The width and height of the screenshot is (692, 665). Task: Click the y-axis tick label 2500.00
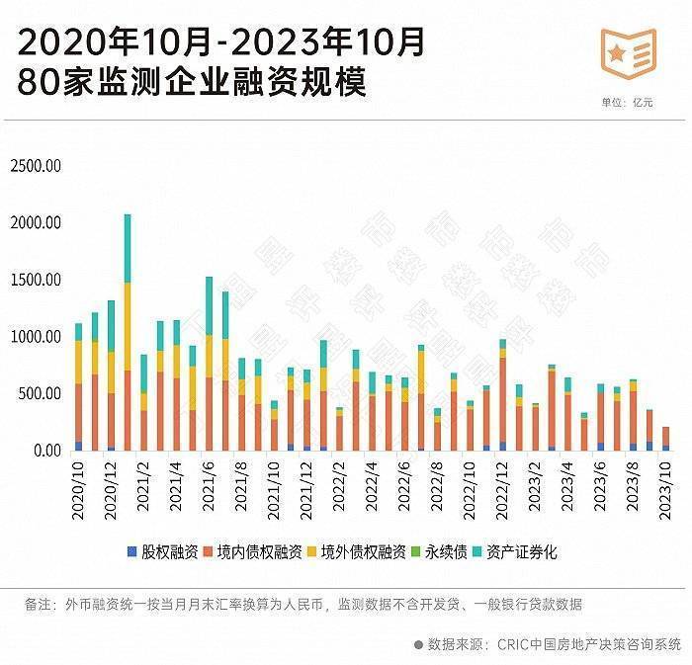click(x=36, y=166)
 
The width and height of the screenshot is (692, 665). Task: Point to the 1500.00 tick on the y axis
click(x=36, y=281)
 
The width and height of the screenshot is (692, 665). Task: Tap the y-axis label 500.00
click(x=40, y=394)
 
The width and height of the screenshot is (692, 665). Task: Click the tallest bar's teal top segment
click(x=128, y=247)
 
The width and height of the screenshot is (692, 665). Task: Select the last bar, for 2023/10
click(x=664, y=438)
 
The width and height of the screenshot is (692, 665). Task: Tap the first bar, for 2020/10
click(x=78, y=385)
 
